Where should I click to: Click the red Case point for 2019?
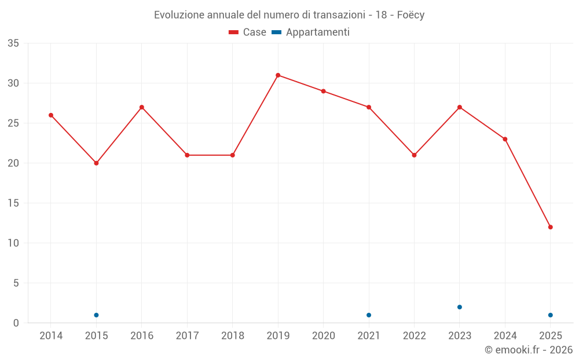pyautogui.click(x=278, y=75)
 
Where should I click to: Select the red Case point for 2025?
pyautogui.click(x=551, y=227)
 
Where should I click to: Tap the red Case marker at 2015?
pyautogui.click(x=96, y=163)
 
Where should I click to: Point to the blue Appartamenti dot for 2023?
pyautogui.click(x=460, y=307)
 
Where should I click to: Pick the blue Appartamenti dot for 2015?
pyautogui.click(x=96, y=315)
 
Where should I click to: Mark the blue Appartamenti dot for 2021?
pyautogui.click(x=369, y=315)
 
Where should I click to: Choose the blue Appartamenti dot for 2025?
pyautogui.click(x=551, y=315)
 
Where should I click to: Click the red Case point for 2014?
pyautogui.click(x=51, y=115)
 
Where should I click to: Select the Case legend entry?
pyautogui.click(x=248, y=32)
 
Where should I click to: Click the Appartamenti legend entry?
pyautogui.click(x=311, y=32)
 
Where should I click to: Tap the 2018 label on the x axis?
pyautogui.click(x=232, y=335)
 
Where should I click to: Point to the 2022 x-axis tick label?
pyautogui.click(x=414, y=335)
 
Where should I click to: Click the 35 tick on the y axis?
pyautogui.click(x=13, y=43)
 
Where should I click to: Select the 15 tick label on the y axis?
pyautogui.click(x=13, y=203)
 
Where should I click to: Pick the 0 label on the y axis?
pyautogui.click(x=16, y=323)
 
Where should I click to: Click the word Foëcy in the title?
pyautogui.click(x=411, y=15)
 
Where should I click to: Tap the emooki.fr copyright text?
pyautogui.click(x=529, y=350)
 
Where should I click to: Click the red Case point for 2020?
pyautogui.click(x=324, y=92)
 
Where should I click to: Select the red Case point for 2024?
pyautogui.click(x=505, y=139)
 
